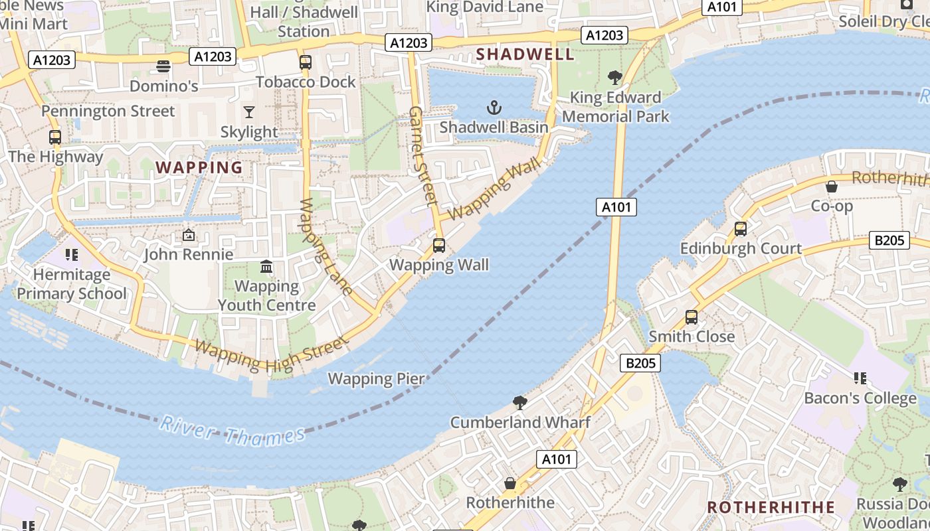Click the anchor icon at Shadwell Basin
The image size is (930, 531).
[x=494, y=107]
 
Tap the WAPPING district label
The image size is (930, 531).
[x=199, y=167]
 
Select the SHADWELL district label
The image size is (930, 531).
[x=525, y=54]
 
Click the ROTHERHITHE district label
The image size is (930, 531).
[x=771, y=508]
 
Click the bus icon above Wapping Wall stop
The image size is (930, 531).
[x=438, y=246]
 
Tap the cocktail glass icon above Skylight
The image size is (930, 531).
[x=249, y=112]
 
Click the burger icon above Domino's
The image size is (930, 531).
[x=163, y=66]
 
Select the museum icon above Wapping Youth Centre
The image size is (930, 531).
[x=266, y=267]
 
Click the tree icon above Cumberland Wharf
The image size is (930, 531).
[x=520, y=403]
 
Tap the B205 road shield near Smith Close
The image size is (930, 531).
[x=641, y=362]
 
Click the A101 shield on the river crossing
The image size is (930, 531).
[x=616, y=207]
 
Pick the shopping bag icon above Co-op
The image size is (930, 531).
[x=831, y=187]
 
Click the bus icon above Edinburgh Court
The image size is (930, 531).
[x=740, y=229]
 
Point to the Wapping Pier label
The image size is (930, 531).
[x=376, y=379]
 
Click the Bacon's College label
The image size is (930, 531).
[x=860, y=398]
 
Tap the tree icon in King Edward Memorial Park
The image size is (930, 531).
[x=615, y=78]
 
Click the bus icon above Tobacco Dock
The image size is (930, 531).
[x=305, y=63]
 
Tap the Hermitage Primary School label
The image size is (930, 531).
[x=71, y=284]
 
